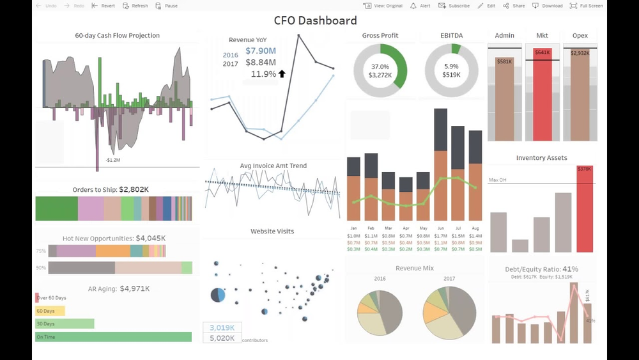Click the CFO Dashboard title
(315, 20)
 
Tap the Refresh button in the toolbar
(135, 6)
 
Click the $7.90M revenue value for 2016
(261, 51)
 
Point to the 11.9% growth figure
(263, 74)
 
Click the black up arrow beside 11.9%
(282, 74)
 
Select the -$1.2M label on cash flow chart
(113, 160)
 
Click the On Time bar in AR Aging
(113, 337)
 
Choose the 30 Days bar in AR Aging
(65, 324)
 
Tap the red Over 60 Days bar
(37, 298)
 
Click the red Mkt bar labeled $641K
(543, 96)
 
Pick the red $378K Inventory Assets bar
(584, 211)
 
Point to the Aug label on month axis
(475, 228)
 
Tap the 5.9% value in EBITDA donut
(451, 67)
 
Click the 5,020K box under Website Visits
(222, 338)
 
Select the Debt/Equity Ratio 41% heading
(542, 269)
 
